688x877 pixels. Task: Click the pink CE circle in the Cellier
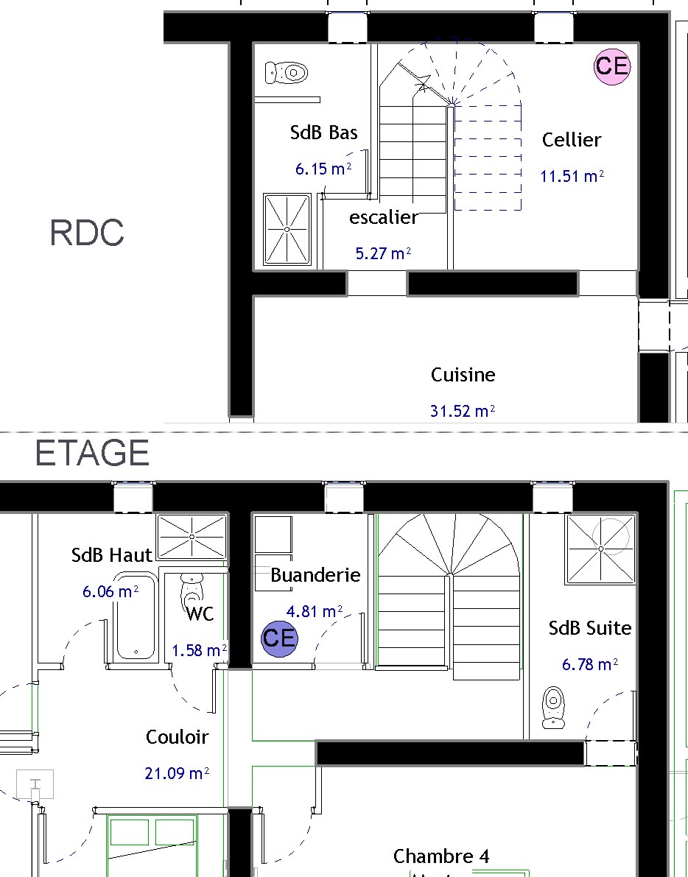tap(612, 66)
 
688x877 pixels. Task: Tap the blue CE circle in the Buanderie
tap(280, 639)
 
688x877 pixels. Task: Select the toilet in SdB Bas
tap(287, 72)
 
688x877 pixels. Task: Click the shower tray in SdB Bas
tap(287, 229)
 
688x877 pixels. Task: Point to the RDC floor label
tap(87, 233)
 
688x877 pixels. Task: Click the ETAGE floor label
tap(92, 453)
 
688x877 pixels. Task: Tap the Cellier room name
tap(572, 140)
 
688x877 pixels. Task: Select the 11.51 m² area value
tap(572, 176)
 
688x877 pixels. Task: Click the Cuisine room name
tap(463, 375)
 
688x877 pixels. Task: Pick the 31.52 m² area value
tap(463, 411)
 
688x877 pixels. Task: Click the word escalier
tap(384, 217)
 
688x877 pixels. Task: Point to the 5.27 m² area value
tap(383, 253)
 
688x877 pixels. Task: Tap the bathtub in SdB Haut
tap(136, 616)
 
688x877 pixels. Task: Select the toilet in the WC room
tap(192, 590)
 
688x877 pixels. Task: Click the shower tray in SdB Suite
tap(601, 549)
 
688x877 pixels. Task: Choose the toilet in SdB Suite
tap(553, 708)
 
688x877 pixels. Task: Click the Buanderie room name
tap(315, 575)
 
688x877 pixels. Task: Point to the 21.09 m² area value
tap(177, 773)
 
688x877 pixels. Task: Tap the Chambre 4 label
tap(441, 856)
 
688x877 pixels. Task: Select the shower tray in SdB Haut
tap(192, 537)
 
